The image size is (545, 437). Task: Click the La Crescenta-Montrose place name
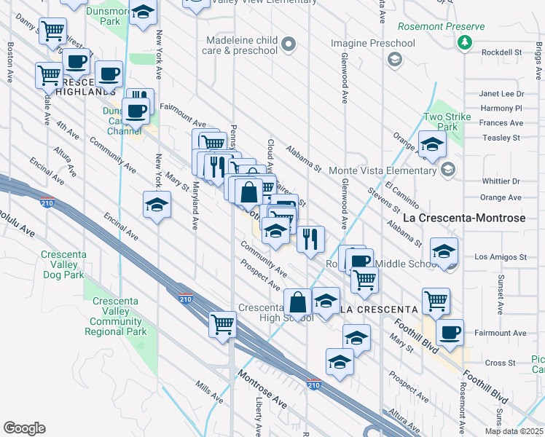pos(464,219)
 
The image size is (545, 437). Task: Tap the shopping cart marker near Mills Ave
pos(222,323)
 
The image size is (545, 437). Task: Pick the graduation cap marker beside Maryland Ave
pos(157,205)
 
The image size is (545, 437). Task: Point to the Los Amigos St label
pos(500,257)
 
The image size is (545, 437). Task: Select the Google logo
pos(24,428)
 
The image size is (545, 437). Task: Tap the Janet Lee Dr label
pos(501,94)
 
